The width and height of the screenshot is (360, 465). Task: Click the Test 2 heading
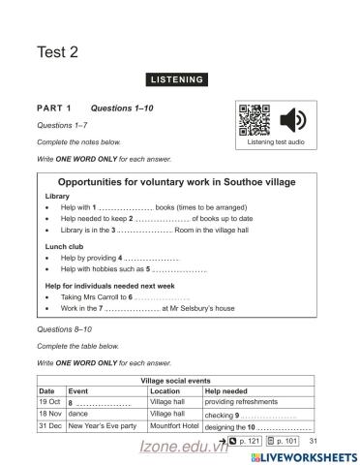click(57, 53)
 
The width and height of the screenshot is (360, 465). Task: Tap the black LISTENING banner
click(180, 77)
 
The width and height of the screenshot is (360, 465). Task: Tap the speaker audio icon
click(293, 120)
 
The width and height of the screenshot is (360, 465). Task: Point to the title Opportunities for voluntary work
click(177, 182)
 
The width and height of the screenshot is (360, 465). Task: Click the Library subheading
click(57, 196)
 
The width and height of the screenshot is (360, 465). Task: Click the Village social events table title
click(181, 381)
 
